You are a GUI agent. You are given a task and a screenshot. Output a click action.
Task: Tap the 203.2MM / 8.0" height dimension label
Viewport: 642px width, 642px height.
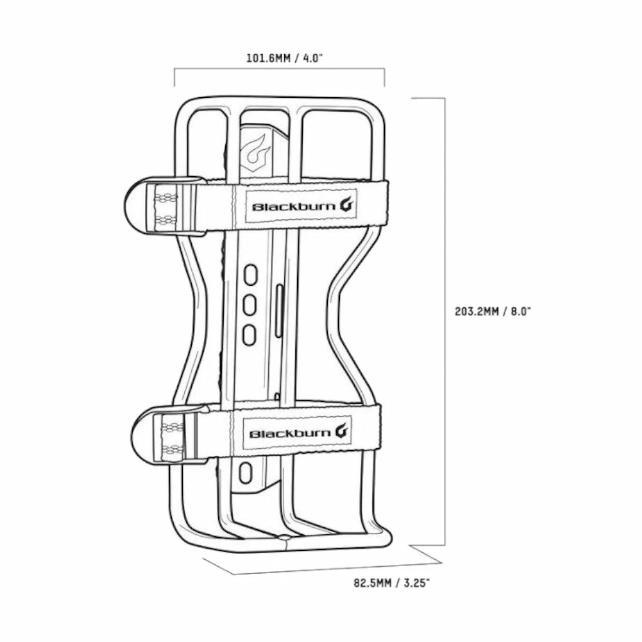click(493, 311)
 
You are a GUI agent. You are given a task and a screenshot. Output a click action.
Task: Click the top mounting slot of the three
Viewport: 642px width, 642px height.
click(250, 274)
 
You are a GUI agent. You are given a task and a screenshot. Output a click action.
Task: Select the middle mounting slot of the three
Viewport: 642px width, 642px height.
click(250, 304)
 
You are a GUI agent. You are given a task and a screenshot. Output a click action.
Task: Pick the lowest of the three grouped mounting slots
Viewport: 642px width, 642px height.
click(250, 334)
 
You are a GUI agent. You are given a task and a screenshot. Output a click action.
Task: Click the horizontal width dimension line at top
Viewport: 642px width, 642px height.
click(279, 70)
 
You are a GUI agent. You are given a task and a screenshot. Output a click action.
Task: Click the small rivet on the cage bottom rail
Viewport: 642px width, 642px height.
click(284, 537)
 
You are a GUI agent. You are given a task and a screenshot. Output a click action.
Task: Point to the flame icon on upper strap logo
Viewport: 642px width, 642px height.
click(348, 205)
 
